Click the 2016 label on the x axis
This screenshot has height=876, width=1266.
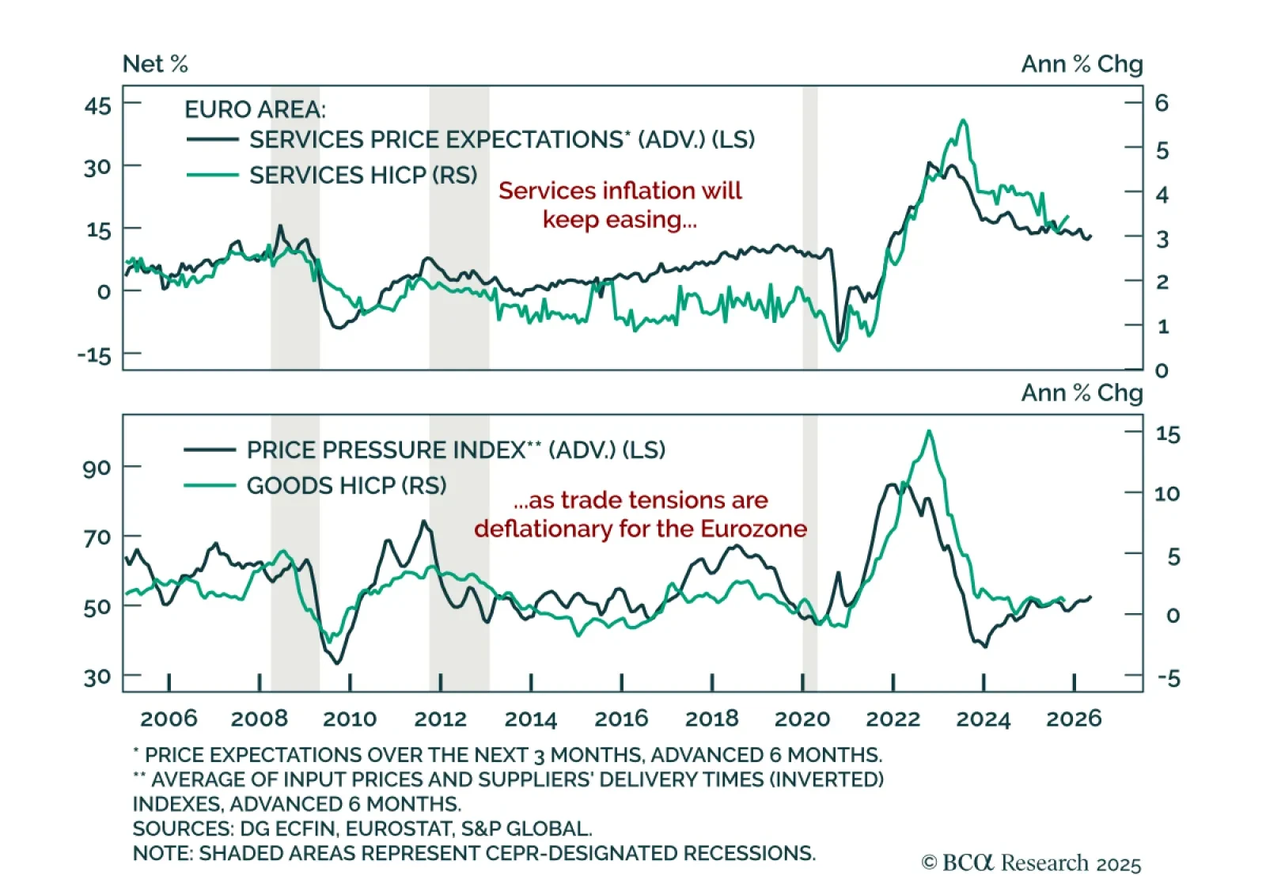621,719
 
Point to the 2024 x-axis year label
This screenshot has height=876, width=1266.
983,719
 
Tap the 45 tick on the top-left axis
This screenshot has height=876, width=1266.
98,105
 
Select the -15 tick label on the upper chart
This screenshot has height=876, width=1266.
94,355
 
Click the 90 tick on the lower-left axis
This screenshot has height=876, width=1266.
97,468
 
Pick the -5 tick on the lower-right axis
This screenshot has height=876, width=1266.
1168,678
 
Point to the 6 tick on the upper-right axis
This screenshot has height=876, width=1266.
1162,103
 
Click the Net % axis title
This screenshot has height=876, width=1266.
155,64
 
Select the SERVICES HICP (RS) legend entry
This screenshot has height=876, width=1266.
363,175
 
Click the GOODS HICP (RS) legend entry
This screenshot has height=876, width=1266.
347,485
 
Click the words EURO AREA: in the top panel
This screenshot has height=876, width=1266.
255,109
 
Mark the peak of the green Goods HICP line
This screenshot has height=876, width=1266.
929,431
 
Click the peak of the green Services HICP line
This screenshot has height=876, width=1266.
962,120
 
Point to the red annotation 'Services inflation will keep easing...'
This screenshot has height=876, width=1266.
620,205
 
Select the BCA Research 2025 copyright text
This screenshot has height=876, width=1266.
1032,863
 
